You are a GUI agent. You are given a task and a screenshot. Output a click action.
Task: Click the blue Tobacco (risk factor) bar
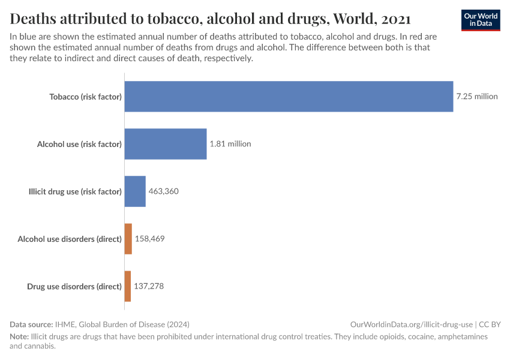click(x=289, y=96)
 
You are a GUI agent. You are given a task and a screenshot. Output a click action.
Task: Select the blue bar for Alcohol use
click(x=166, y=144)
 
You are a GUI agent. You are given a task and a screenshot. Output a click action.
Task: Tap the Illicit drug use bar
click(x=135, y=191)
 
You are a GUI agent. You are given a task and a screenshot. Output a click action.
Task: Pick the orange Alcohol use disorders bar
click(x=128, y=239)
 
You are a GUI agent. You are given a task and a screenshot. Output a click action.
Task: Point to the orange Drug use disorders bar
click(x=127, y=286)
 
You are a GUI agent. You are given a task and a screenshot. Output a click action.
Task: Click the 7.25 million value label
click(x=477, y=96)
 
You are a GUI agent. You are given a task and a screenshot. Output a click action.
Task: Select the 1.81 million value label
click(x=230, y=144)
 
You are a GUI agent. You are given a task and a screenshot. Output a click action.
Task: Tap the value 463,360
click(x=164, y=191)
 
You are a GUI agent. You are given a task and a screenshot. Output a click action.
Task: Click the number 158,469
click(x=149, y=239)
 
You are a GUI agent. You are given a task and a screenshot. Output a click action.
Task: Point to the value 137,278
click(x=149, y=286)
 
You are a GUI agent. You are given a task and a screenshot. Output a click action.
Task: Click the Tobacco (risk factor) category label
click(x=85, y=96)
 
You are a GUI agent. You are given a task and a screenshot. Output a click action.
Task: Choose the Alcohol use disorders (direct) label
click(x=70, y=239)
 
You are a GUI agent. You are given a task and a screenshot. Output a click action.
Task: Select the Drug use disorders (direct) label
click(x=74, y=286)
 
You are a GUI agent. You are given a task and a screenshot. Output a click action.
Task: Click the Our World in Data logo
click(x=481, y=20)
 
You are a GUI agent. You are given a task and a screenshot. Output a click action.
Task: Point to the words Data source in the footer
click(x=31, y=323)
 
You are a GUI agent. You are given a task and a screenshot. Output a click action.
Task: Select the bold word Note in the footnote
click(x=20, y=337)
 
